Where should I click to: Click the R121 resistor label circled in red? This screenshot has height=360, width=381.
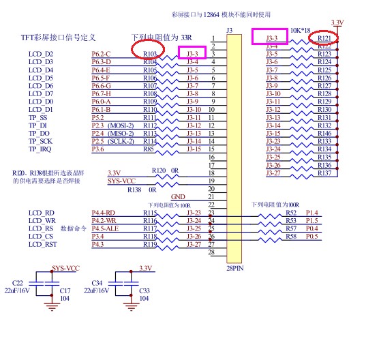tap(324, 38)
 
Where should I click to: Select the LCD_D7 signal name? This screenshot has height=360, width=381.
tap(40, 94)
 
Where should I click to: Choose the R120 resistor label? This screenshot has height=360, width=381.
tap(158, 170)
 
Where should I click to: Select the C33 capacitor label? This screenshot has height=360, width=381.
tap(143, 290)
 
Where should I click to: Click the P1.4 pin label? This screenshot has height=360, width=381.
tap(314, 213)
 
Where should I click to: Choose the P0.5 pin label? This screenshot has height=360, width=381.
tap(314, 236)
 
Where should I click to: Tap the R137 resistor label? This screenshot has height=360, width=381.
tap(324, 173)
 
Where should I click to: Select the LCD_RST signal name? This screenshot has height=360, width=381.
tap(42, 244)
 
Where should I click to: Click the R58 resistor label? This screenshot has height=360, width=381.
tap(291, 236)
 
